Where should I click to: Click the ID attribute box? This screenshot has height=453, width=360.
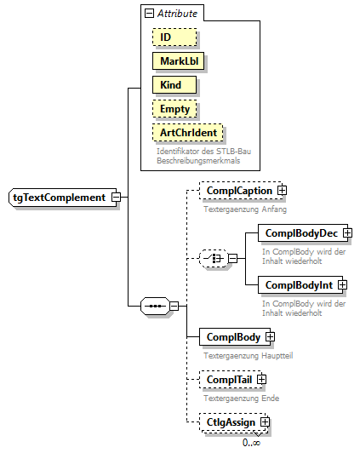coord(174,37)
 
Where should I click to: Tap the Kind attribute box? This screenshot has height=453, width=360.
coord(174,85)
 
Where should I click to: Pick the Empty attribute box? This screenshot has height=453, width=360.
coord(175,109)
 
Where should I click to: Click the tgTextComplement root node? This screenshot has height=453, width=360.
coord(59,198)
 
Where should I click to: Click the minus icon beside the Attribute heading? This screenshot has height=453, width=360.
coord(150,14)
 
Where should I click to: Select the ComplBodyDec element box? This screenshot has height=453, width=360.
coord(300,232)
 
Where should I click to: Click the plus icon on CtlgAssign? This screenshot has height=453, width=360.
coord(266,421)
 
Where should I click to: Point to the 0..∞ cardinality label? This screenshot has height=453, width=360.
coord(251,442)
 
